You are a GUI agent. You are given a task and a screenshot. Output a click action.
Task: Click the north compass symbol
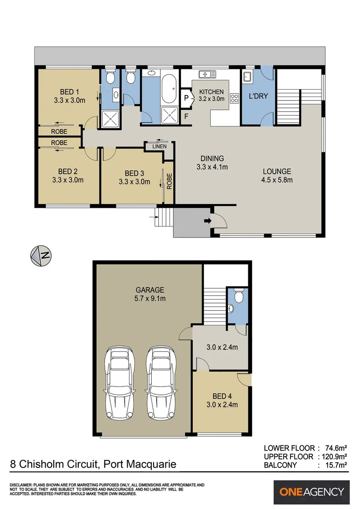(x=41, y=256)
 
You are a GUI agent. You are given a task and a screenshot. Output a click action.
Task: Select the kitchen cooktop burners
(x=234, y=98)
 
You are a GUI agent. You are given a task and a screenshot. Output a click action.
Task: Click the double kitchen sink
(x=207, y=74)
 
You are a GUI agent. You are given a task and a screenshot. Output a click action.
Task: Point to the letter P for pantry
(x=186, y=98)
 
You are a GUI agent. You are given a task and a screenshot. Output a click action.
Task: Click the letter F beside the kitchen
(x=186, y=116)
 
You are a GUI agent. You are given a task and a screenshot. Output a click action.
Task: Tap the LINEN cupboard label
(x=159, y=147)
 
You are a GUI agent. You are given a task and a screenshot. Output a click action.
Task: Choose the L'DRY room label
(x=258, y=96)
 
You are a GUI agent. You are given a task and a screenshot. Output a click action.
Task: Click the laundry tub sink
(x=248, y=77)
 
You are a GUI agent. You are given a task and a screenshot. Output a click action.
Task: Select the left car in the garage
(x=120, y=383)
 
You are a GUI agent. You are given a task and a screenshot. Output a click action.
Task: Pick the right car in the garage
(x=161, y=383)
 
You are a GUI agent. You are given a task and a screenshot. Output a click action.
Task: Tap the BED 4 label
(x=222, y=396)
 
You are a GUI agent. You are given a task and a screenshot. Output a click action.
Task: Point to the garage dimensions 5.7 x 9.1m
(x=150, y=298)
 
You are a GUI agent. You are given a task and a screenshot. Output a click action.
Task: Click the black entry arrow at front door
(x=207, y=221)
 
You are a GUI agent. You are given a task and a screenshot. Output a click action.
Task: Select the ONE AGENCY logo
(x=311, y=492)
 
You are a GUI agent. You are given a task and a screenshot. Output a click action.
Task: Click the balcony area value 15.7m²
(x=336, y=465)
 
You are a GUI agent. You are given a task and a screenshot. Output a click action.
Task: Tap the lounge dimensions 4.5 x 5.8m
(x=277, y=180)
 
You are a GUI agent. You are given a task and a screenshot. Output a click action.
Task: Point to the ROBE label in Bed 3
(x=169, y=181)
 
